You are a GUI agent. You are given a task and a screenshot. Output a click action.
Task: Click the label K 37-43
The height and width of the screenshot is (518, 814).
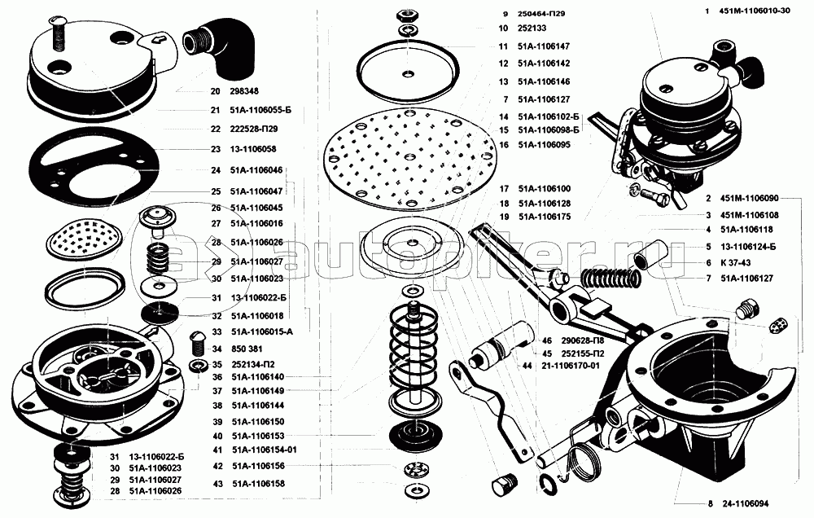point(735,263)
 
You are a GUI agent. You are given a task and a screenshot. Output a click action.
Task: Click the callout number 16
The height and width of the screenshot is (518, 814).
point(504,144)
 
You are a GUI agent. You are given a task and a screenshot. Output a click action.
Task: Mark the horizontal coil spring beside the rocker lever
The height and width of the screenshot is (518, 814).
point(612,279)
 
